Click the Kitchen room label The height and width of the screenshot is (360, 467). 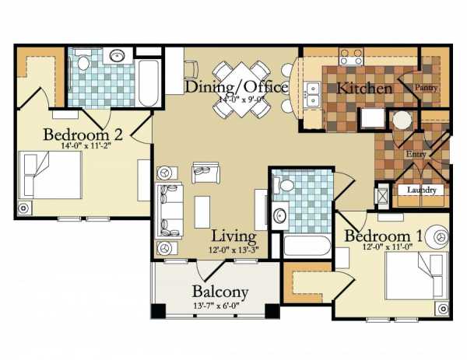click(x=364, y=89)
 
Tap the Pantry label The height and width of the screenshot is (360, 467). click(x=427, y=87)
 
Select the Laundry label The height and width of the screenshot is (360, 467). click(x=421, y=190)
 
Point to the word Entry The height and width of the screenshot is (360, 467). click(x=416, y=154)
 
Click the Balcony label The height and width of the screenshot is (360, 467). click(x=220, y=292)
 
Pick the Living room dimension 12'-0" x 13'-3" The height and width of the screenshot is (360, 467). click(x=233, y=250)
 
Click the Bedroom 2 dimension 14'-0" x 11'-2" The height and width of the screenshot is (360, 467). click(x=84, y=146)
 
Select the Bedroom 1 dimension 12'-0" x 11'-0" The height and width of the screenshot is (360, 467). click(x=387, y=246)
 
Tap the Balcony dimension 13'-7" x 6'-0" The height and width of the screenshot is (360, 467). click(x=216, y=306)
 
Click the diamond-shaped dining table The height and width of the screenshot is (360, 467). click(x=241, y=89)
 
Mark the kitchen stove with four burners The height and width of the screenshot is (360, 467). click(x=351, y=57)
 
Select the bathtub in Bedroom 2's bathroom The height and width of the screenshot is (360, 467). click(x=149, y=83)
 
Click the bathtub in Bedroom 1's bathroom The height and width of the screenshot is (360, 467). click(x=307, y=246)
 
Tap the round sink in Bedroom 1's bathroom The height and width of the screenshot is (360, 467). click(x=279, y=215)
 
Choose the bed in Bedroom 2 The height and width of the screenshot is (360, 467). click(x=50, y=175)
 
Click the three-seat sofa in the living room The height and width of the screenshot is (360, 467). click(x=169, y=211)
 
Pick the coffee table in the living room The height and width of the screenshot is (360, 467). click(x=202, y=212)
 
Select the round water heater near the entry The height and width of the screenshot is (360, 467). click(x=402, y=121)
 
